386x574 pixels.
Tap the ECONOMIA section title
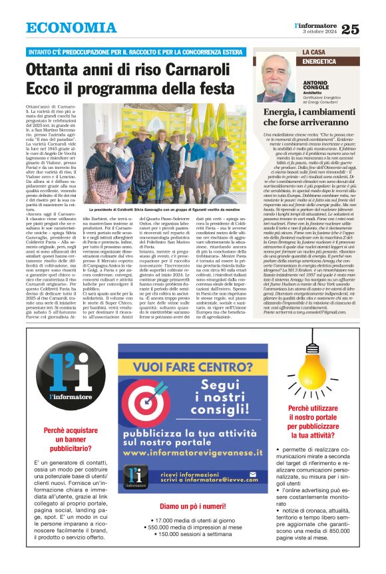[71, 29]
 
